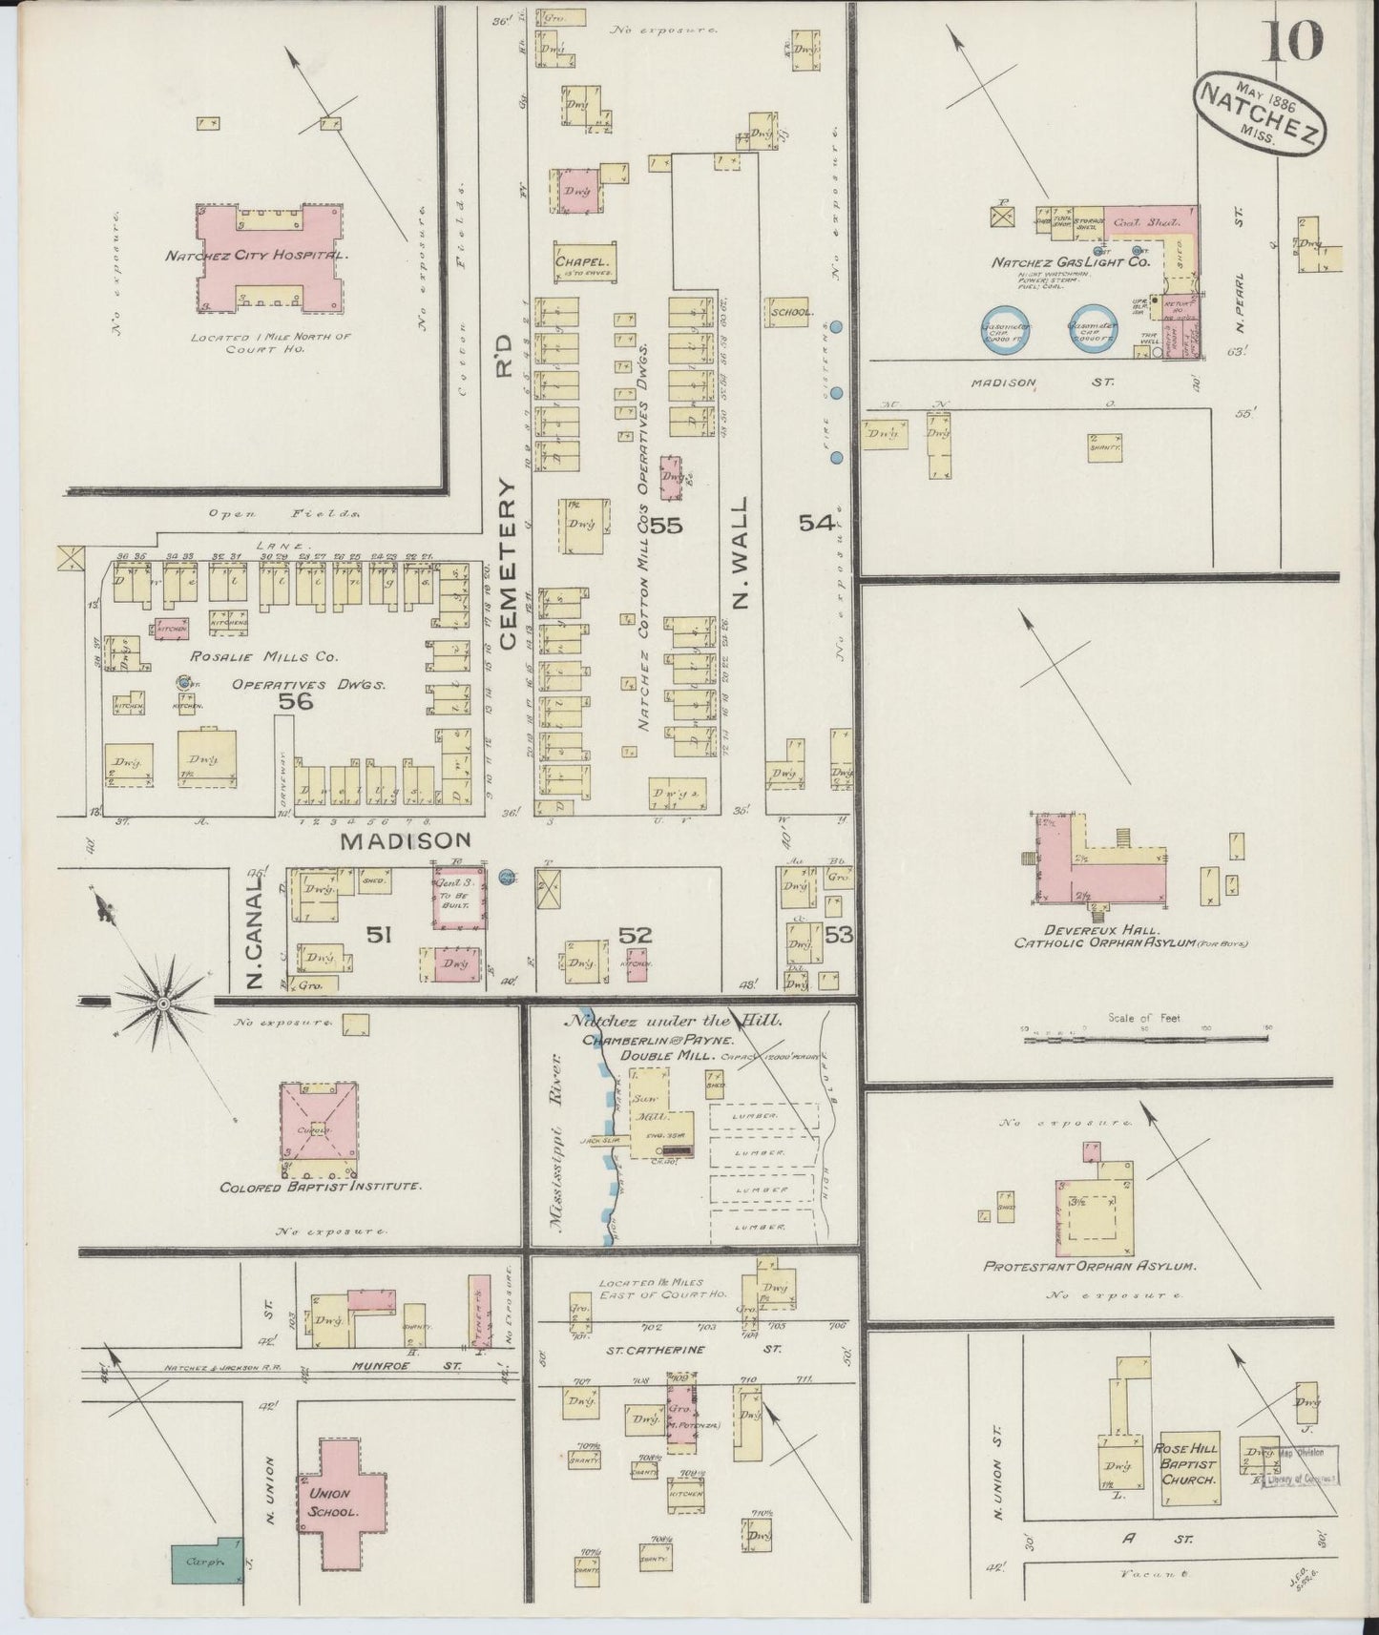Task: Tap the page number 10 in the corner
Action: pos(1294,41)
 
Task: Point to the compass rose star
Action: pos(163,1002)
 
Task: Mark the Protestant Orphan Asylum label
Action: pos(1089,1266)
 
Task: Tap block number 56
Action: pos(295,701)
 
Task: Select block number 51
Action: pos(379,935)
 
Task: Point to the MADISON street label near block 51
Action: pos(407,840)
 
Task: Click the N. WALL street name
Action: pos(743,552)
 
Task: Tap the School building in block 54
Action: pos(788,311)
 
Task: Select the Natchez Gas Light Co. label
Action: pos(1069,261)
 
